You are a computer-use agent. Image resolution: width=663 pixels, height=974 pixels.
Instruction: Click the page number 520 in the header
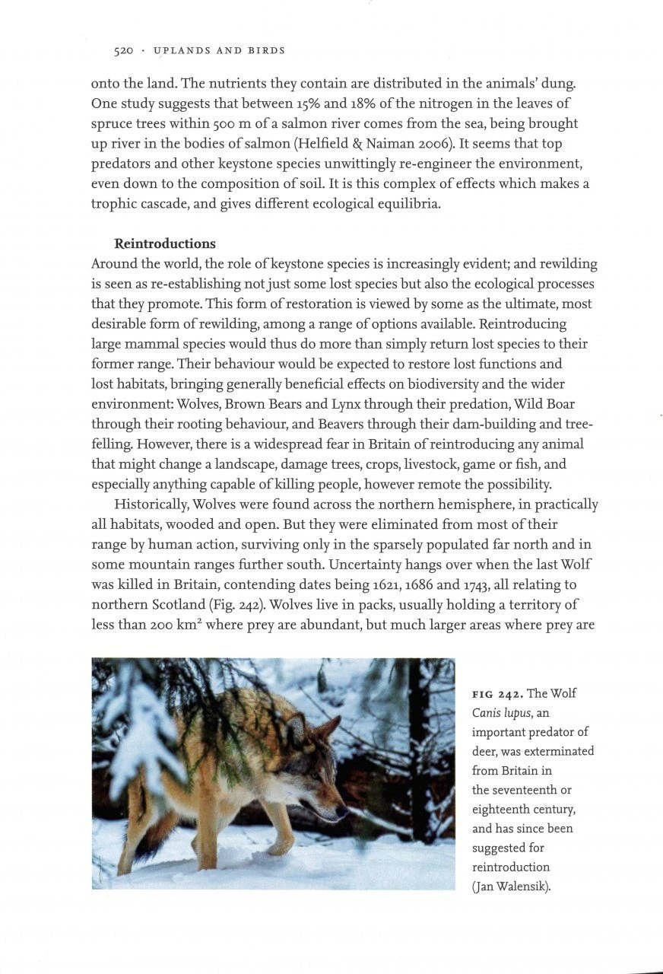[124, 51]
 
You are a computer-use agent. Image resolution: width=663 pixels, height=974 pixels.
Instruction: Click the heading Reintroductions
[165, 244]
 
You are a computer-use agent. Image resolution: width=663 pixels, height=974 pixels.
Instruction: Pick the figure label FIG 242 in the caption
[497, 694]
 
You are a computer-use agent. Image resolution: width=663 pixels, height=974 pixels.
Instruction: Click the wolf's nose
[346, 811]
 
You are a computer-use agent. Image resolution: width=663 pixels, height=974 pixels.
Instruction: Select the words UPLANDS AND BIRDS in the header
[219, 51]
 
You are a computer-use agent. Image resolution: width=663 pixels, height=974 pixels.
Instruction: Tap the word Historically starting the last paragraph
[152, 505]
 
